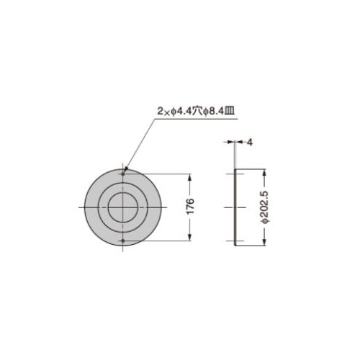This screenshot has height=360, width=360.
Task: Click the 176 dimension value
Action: pyautogui.click(x=190, y=206)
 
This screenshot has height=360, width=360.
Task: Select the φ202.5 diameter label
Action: pyautogui.click(x=265, y=207)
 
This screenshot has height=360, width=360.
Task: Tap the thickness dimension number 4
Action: pyautogui.click(x=250, y=143)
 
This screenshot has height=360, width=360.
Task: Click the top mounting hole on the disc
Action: pyautogui.click(x=123, y=174)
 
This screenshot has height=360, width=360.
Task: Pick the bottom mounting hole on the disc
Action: pyautogui.click(x=123, y=240)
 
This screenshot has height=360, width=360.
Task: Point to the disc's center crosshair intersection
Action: pyautogui.click(x=123, y=207)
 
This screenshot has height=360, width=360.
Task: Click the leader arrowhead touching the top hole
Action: pyautogui.click(x=125, y=170)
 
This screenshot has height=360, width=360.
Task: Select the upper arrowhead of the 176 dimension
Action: pyautogui.click(x=190, y=178)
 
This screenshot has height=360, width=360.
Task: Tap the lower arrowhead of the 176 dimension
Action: pyautogui.click(x=190, y=237)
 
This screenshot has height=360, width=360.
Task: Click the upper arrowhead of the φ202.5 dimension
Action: pyautogui.click(x=264, y=173)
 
